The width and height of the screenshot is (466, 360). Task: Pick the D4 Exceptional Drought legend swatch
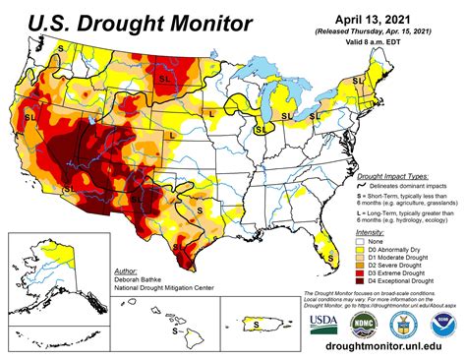362,282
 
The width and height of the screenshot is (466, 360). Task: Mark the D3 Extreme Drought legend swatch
362,273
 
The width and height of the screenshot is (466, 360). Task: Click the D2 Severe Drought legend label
401,265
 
